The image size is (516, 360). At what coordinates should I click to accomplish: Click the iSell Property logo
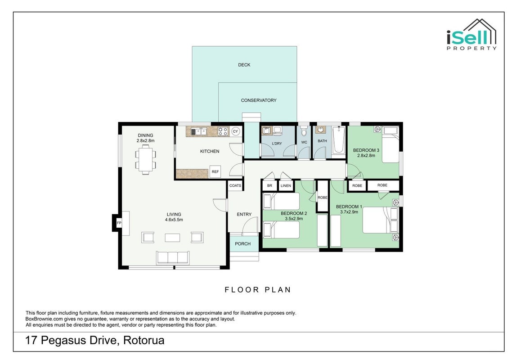point(471,35)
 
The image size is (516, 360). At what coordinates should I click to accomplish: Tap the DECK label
point(244,65)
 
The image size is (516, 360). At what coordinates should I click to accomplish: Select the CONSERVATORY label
point(259,100)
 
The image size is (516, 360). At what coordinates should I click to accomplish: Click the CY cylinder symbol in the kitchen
point(235,131)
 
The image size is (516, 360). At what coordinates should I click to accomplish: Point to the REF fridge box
point(215,171)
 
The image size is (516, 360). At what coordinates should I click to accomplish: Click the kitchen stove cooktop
point(223,131)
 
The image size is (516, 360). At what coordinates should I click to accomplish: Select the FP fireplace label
point(119,223)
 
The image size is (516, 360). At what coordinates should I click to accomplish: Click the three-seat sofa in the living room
point(173,258)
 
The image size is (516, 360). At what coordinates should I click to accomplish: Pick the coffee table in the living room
point(172,238)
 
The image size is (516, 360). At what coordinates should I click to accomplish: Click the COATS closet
point(235,185)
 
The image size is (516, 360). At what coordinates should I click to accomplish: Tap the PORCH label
point(243,244)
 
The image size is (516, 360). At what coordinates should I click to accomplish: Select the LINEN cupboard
point(286,185)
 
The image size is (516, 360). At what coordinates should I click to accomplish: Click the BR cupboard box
point(270,185)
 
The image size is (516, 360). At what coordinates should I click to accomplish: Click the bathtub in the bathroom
point(338,140)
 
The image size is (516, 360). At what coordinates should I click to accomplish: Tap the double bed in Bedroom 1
point(380,220)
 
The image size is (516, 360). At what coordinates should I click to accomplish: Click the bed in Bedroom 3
point(390,145)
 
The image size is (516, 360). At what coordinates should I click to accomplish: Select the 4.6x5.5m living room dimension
point(174,220)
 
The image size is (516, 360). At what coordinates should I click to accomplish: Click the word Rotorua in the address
point(144,340)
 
